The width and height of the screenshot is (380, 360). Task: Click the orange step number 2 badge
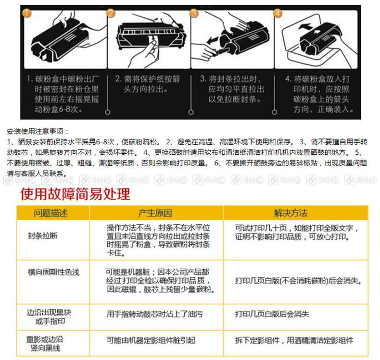[112, 13]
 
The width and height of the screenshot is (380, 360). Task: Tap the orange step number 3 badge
[195, 13]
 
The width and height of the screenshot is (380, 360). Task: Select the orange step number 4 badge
[279, 13]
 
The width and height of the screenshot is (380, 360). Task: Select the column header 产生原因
[155, 213]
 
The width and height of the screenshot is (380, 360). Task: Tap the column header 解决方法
[290, 213]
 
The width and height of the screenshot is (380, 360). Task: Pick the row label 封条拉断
[43, 236]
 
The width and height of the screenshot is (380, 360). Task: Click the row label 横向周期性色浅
[53, 273]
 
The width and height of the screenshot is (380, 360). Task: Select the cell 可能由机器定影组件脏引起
[151, 340]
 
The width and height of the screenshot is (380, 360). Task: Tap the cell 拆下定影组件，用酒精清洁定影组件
[294, 340]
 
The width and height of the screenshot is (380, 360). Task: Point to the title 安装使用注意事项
[38, 131]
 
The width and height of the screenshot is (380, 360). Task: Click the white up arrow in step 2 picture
[153, 39]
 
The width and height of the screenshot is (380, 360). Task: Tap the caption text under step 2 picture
[149, 83]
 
